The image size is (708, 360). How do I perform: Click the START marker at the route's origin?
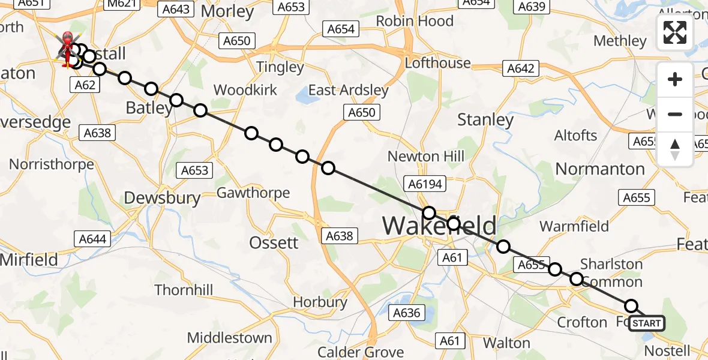tap(647, 323)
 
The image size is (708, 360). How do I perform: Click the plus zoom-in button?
tap(675, 79)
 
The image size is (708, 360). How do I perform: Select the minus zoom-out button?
tap(675, 114)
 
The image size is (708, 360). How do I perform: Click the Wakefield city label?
tap(440, 226)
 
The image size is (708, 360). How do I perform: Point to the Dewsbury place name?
tap(162, 198)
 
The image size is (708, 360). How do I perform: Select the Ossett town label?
tap(274, 242)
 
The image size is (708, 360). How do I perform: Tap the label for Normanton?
tap(600, 169)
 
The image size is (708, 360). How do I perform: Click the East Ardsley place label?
tap(349, 91)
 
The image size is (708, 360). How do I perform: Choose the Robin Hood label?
tap(415, 21)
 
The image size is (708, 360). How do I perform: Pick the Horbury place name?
tap(320, 302)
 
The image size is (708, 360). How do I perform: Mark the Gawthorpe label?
tap(253, 193)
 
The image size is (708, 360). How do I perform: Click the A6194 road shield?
tap(425, 184)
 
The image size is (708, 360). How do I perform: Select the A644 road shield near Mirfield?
tap(93, 239)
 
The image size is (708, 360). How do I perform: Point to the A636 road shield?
tap(407, 313)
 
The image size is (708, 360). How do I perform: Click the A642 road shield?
tap(520, 68)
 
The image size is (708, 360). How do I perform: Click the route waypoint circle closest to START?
tap(631, 306)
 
